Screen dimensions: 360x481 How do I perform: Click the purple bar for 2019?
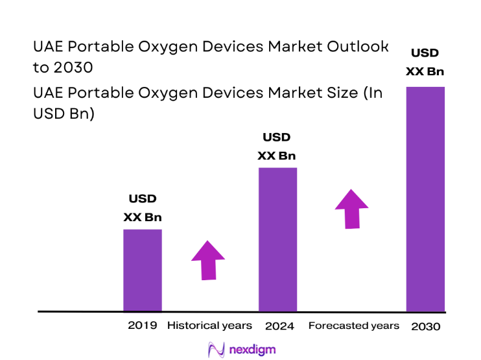pos(143,270)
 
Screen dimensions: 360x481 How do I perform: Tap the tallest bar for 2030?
pos(425,198)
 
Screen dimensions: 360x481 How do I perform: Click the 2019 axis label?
pos(142,325)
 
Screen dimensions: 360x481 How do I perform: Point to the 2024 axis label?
pos(279,326)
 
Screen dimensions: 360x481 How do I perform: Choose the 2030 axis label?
pos(425,326)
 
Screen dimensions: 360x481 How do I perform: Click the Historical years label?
pos(209,325)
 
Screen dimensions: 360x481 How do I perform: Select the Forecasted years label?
pos(353,325)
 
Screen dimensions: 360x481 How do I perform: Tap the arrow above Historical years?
pos(208,260)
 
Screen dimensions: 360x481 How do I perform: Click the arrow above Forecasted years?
pos(351,209)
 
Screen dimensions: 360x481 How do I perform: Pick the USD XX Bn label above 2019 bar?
pos(143,208)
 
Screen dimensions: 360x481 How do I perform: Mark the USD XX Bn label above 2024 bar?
pos(277,147)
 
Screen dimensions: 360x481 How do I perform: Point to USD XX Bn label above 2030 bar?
pos(425,62)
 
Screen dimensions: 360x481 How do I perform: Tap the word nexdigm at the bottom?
pos(252,350)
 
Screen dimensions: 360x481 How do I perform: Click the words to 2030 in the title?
pos(62,67)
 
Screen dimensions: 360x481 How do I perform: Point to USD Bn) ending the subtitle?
pos(64,114)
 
